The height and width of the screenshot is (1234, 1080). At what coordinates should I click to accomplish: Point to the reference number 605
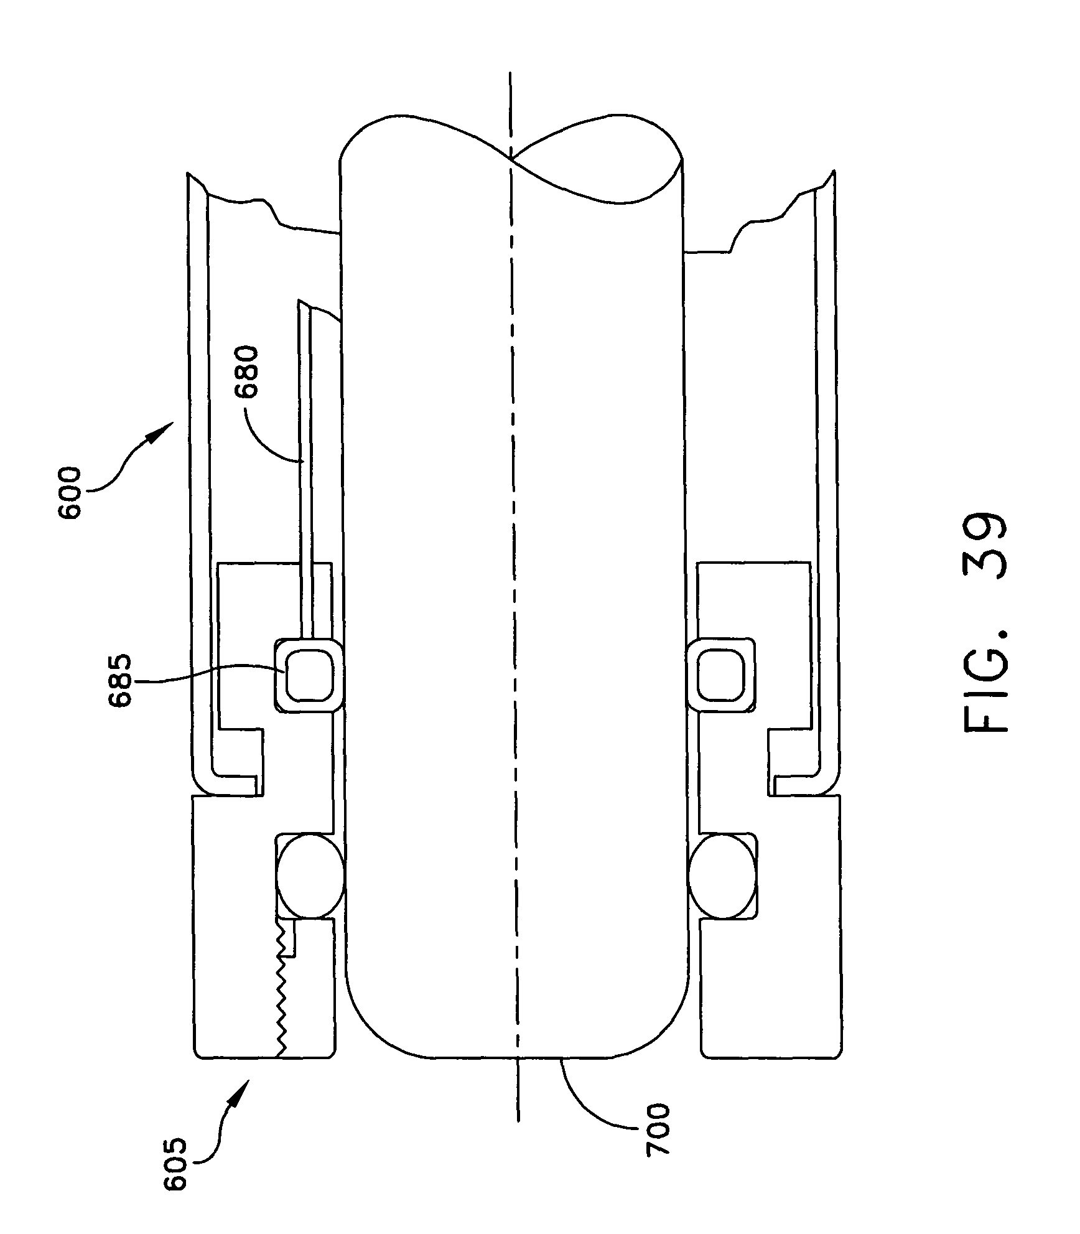click(175, 1173)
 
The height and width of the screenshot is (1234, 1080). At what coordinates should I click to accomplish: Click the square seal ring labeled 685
click(309, 675)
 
